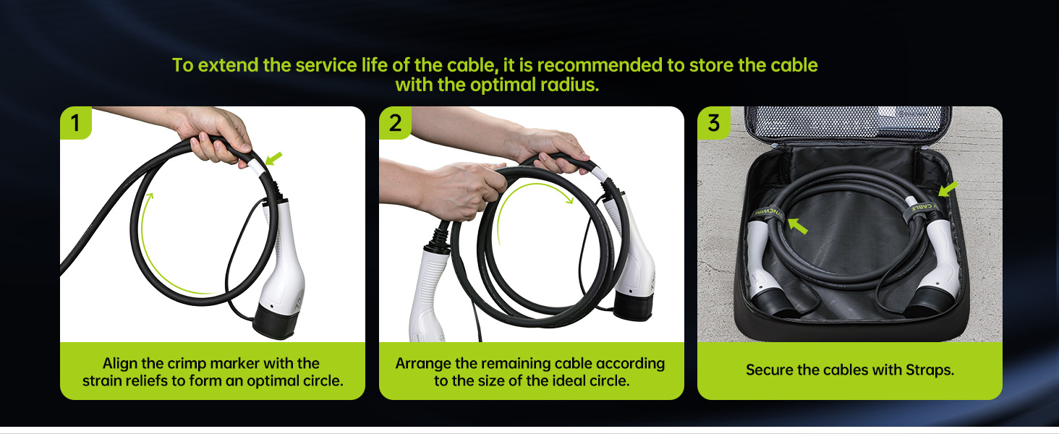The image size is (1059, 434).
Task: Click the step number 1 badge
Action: (76, 123)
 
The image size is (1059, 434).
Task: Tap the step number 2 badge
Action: (395, 123)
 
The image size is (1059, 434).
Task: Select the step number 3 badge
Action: (713, 123)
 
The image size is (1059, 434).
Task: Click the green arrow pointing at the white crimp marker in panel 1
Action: (273, 158)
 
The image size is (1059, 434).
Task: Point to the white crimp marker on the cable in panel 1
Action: (256, 166)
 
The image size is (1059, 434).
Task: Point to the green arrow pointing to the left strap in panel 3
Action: (798, 226)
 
